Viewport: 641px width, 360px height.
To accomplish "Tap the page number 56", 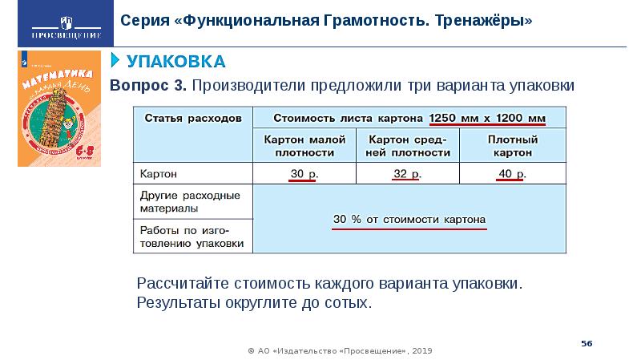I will point(587,342).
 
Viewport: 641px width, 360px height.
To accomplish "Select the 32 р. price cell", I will point(408,174).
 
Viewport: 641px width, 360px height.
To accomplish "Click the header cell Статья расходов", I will point(192,118).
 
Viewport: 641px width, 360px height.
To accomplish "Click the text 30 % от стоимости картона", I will point(409,219).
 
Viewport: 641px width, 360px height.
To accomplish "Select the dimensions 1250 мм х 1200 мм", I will point(487,118).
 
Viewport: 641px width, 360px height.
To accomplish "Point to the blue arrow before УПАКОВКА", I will point(115,61).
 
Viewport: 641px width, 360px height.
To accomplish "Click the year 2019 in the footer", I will point(425,350).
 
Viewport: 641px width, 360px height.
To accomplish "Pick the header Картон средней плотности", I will point(408,144).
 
